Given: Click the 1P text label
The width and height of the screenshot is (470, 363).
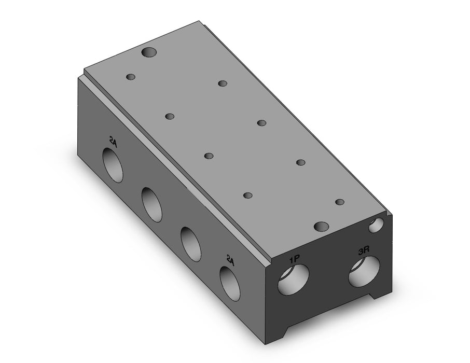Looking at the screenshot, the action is (294, 259).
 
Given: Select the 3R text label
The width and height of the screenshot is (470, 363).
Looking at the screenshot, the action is (364, 251).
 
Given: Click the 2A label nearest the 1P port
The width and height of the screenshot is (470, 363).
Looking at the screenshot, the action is (230, 260).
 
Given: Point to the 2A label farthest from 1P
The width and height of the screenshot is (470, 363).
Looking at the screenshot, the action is (113, 141).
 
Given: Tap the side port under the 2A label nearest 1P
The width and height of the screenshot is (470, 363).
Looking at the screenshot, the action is (230, 284).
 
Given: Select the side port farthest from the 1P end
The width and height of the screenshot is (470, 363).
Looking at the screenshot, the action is (113, 165).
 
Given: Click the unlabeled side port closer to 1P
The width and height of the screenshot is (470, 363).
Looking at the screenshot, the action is (191, 244).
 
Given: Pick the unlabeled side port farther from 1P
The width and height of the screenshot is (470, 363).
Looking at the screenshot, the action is (152, 204).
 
